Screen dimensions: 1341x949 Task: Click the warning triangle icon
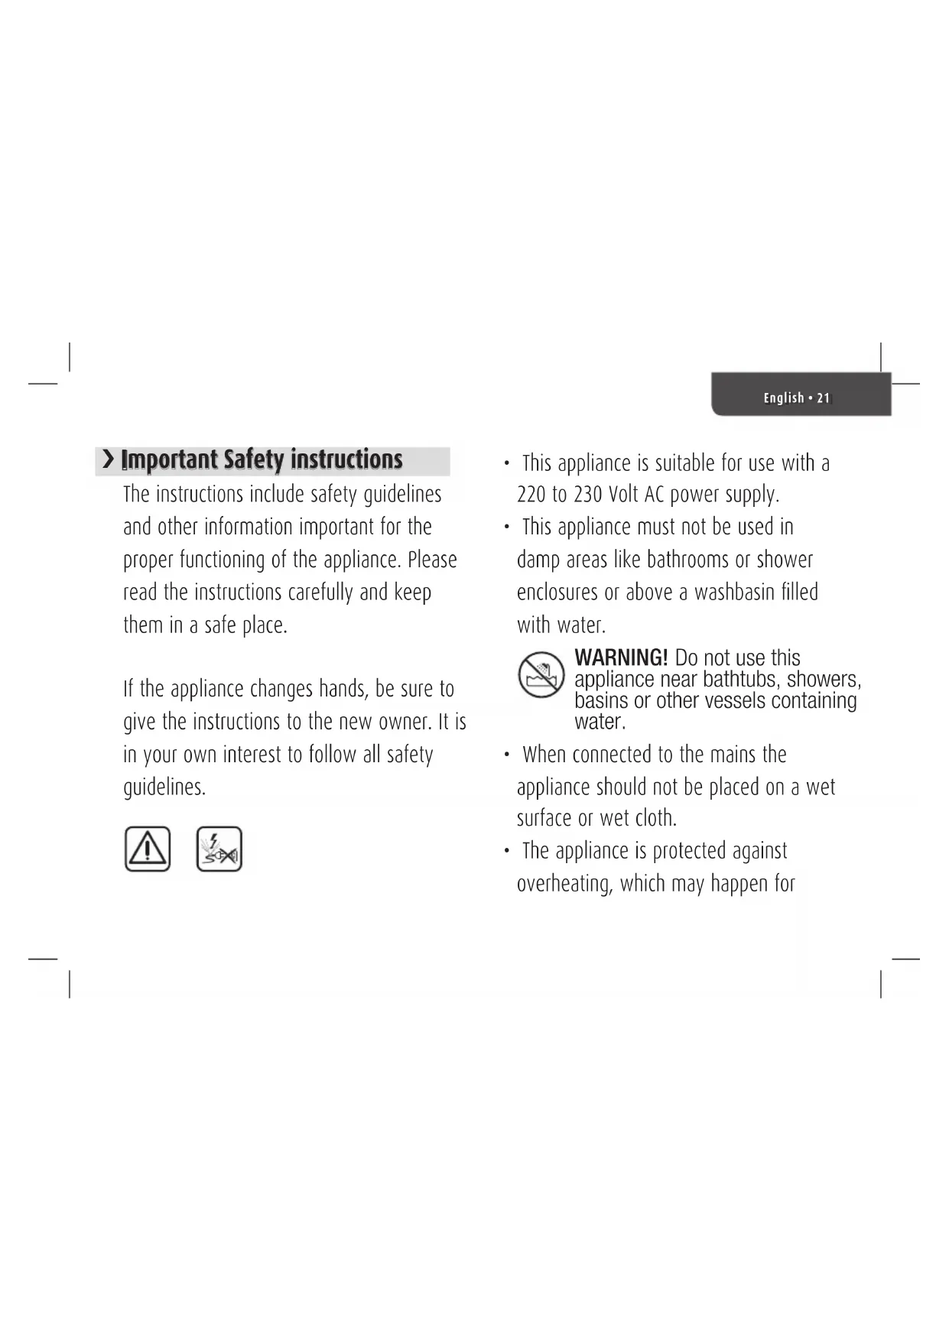[x=148, y=849]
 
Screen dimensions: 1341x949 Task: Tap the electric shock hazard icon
[x=219, y=849]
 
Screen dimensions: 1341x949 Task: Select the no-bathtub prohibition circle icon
[x=541, y=674]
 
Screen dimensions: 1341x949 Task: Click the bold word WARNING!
[x=621, y=658]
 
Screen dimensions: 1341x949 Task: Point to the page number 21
[x=823, y=398]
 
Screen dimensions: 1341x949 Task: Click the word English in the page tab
[x=784, y=398]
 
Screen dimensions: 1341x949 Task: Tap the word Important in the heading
[x=170, y=459]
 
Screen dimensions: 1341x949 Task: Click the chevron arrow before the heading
[x=109, y=459]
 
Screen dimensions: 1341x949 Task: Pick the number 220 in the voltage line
[x=531, y=495]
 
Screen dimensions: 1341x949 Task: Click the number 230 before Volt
[x=588, y=495]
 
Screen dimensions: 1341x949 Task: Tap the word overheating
[x=565, y=884]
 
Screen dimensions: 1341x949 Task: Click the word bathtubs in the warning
[x=740, y=679]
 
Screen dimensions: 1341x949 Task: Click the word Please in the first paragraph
[x=432, y=560]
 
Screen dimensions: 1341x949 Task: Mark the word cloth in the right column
[x=655, y=818]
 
